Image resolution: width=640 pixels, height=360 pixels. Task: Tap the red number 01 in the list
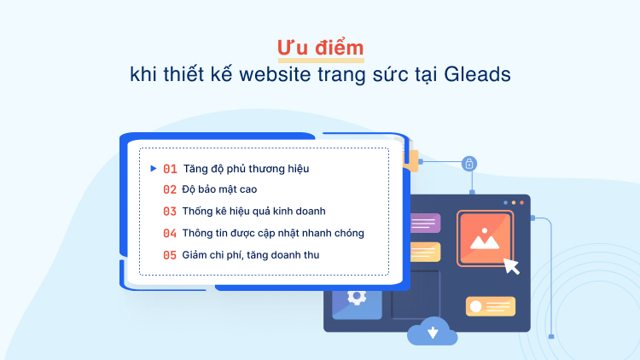coord(170,169)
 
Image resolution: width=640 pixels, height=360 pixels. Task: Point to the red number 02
coord(170,189)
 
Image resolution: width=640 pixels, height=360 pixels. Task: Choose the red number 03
coord(170,211)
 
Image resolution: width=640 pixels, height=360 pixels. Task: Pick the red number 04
coord(170,233)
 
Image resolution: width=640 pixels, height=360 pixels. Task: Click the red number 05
coord(170,254)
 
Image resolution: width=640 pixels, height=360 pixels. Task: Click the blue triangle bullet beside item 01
coord(153,168)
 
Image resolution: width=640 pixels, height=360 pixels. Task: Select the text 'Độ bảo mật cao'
coord(219,189)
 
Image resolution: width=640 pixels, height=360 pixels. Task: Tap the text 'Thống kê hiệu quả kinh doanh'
coord(254,211)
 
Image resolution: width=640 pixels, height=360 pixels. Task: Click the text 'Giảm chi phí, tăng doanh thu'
coord(251,254)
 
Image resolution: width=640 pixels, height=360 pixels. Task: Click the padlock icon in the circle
coord(469,163)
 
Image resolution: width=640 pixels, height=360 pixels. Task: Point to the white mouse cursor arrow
coord(511,265)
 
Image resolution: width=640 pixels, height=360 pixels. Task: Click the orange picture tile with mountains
coord(485,237)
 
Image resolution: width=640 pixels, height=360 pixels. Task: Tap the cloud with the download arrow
coord(433,331)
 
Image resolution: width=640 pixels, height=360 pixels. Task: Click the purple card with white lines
coord(424,224)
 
